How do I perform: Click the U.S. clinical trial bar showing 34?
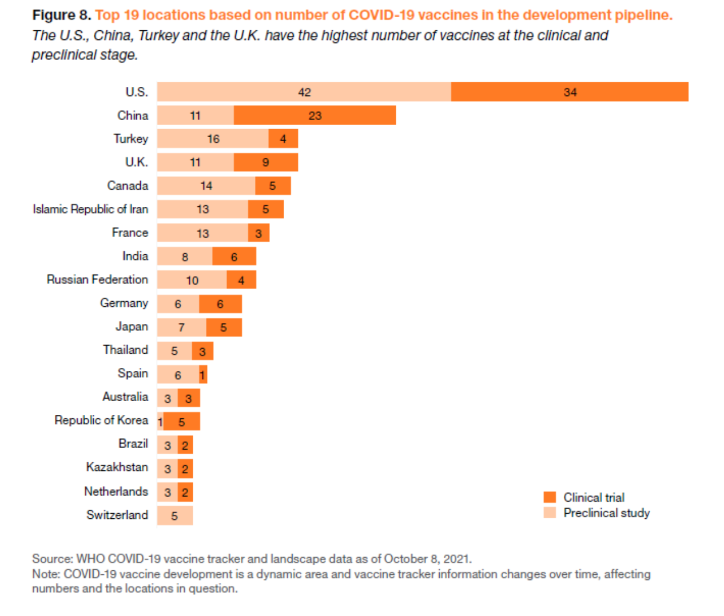tap(569, 92)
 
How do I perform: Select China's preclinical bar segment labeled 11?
tap(195, 115)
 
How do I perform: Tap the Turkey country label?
tap(130, 139)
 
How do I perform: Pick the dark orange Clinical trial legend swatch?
tap(550, 497)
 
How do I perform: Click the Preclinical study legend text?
tap(606, 513)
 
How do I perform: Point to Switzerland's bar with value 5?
tap(174, 515)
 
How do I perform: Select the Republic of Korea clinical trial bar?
tap(182, 422)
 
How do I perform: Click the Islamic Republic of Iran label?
tap(90, 209)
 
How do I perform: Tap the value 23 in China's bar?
tap(315, 115)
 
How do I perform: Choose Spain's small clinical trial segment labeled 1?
tap(203, 375)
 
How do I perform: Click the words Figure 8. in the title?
tap(62, 15)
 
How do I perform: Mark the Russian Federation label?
tap(97, 279)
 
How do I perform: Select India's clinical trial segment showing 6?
tap(234, 257)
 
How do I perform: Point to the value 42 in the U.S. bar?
tap(304, 92)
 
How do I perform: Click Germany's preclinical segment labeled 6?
tap(178, 304)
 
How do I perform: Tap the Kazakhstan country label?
tap(117, 467)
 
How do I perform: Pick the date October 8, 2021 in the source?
tap(427, 559)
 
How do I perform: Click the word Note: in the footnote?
tap(46, 574)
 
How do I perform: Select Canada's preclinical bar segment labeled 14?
tap(206, 186)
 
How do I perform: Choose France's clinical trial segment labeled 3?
tap(258, 233)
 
